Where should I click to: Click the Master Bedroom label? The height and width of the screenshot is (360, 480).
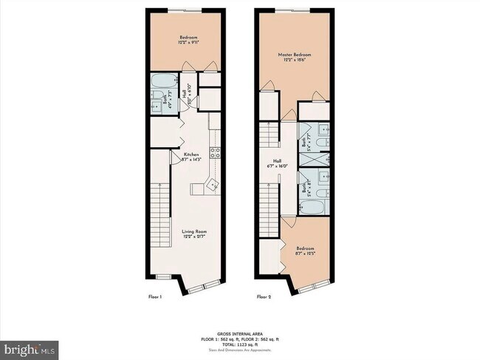(293, 55)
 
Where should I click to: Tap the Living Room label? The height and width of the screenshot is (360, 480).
(195, 231)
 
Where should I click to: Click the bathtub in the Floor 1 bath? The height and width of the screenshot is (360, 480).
(162, 81)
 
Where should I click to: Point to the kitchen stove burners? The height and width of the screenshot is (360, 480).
(215, 153)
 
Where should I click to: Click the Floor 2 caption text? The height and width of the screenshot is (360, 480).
(264, 296)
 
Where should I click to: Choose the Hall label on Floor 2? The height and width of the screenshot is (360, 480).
(277, 160)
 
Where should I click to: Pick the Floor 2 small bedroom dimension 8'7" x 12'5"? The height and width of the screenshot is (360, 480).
(305, 254)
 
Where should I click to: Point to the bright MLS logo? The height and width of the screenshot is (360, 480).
(30, 348)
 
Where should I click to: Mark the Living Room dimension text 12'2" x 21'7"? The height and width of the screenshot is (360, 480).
(195, 237)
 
